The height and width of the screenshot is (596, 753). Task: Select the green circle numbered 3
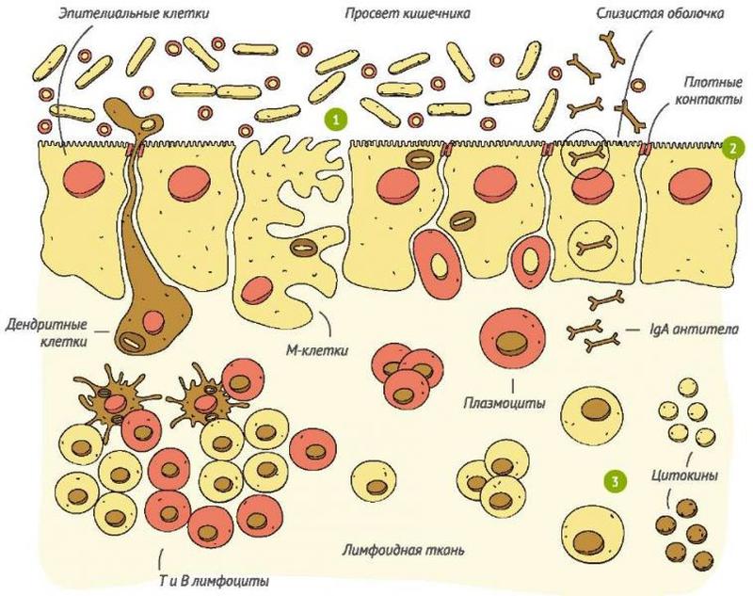click(x=616, y=480)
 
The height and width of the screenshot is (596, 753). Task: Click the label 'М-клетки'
click(x=317, y=349)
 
